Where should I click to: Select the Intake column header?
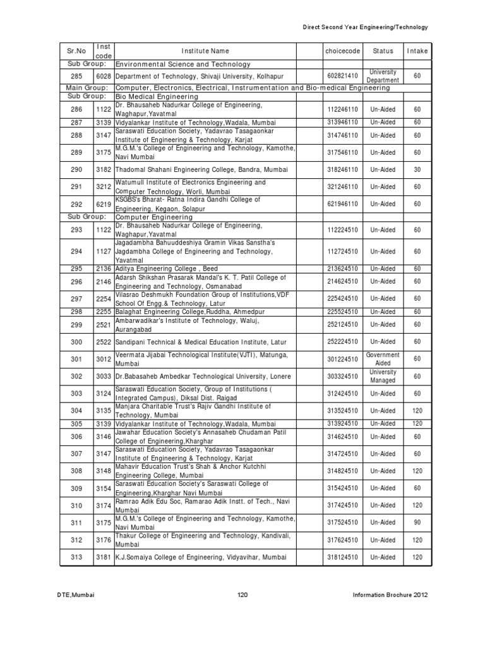tap(417, 51)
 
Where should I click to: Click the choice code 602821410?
tap(342, 76)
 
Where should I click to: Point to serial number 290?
tap(76, 170)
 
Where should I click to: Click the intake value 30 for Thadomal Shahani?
tap(417, 170)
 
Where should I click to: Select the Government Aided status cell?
tap(383, 359)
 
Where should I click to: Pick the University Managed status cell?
tap(383, 376)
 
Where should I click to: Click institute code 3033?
tap(104, 376)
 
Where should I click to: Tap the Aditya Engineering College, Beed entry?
tap(167, 269)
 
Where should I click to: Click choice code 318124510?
tap(342, 557)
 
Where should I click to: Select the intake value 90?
tap(417, 523)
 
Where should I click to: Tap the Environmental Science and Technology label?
tap(183, 64)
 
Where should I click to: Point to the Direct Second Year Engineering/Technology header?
tap(366, 27)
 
